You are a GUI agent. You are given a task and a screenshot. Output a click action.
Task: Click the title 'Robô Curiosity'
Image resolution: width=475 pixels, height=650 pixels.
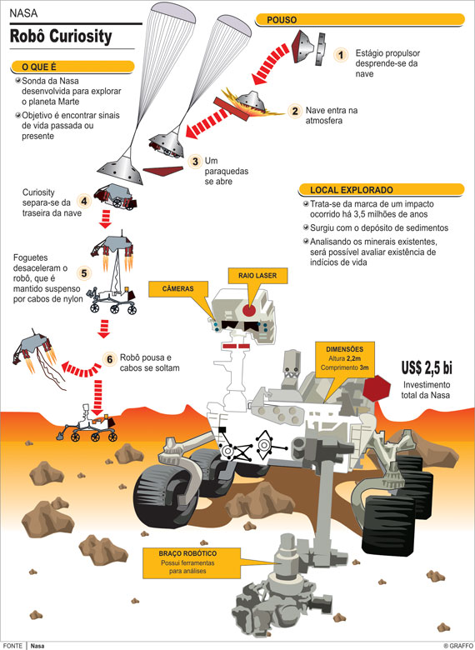tap(61, 37)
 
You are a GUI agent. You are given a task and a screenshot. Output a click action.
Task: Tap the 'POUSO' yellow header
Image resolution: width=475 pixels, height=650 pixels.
tap(360, 19)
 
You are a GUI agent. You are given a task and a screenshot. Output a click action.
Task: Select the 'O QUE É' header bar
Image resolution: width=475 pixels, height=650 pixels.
tap(72, 67)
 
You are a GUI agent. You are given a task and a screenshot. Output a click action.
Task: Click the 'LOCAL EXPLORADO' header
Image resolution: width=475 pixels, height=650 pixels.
tap(381, 190)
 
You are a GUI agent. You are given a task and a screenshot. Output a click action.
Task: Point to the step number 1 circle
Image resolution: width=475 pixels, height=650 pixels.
tap(341, 55)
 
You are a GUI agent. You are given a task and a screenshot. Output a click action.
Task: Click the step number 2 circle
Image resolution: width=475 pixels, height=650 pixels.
tap(295, 111)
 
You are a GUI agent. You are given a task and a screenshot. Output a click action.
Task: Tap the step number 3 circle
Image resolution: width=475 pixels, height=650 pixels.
tap(195, 162)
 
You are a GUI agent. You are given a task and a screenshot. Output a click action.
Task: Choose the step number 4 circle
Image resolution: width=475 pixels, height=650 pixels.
tap(84, 202)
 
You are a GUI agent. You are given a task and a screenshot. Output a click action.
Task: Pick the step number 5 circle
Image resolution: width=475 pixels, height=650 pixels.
tap(84, 273)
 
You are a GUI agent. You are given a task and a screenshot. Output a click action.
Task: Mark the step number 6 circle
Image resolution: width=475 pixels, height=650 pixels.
tap(109, 359)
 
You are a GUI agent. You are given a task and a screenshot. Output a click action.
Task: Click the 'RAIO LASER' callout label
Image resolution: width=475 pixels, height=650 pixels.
tap(257, 275)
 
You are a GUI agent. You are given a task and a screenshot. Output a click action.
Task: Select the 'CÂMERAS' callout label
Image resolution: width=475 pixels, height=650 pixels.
tap(178, 289)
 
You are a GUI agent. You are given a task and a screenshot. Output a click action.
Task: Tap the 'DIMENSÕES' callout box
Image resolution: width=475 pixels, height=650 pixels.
tap(345, 359)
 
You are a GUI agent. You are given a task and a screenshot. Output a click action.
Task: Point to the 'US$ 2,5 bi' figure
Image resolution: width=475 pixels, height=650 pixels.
tap(427, 367)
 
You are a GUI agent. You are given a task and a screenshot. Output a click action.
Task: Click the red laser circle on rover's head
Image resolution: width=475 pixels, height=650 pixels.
tap(250, 310)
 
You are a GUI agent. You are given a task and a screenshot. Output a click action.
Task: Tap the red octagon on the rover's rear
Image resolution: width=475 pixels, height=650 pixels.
tap(377, 388)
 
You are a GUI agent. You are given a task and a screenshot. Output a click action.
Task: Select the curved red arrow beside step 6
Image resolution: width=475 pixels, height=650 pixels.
tap(81, 368)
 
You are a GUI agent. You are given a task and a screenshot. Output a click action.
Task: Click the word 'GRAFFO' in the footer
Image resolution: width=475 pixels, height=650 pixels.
tap(461, 646)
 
